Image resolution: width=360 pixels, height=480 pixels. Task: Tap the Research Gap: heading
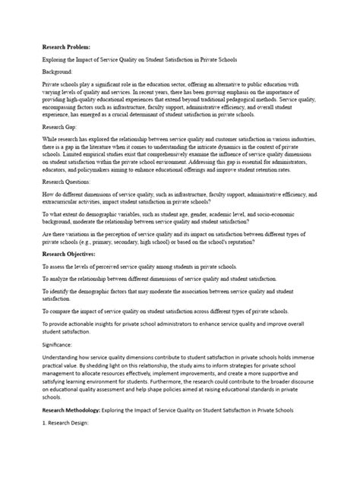[x=62, y=128]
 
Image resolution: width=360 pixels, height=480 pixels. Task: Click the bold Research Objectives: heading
[x=73, y=253]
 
